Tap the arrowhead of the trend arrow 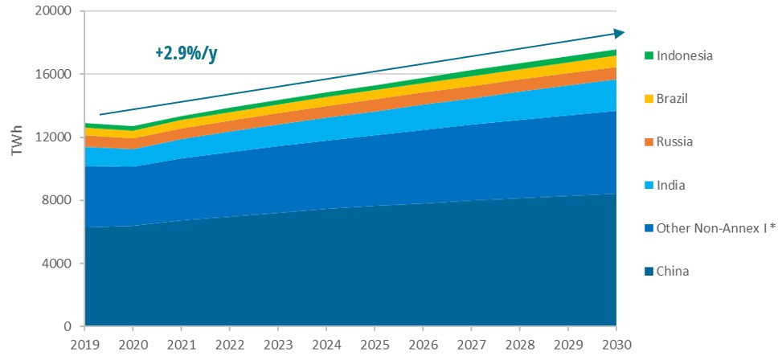tap(619, 33)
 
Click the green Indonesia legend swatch tap(648, 55)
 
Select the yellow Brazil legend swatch tap(648, 99)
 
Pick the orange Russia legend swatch tap(648, 142)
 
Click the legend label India tap(671, 185)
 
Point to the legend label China tap(673, 272)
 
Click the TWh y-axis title tap(15, 170)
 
